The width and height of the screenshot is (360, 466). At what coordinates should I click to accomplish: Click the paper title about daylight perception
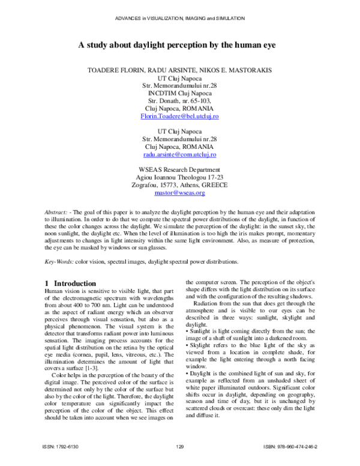(179, 44)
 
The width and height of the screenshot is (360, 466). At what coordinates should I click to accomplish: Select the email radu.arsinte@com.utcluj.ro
(179, 154)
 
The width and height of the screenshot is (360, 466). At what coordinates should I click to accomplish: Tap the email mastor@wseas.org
(179, 193)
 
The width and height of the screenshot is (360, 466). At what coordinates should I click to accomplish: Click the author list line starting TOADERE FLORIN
(179, 69)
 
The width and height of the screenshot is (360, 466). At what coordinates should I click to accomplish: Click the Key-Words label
(59, 262)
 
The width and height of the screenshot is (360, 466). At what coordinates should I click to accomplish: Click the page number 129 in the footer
(179, 447)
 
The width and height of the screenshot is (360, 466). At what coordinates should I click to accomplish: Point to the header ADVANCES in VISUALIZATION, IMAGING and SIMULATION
(179, 19)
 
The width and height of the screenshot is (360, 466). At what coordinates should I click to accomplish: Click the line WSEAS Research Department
(179, 170)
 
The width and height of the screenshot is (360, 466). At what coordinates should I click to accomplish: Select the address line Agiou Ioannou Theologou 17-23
(179, 178)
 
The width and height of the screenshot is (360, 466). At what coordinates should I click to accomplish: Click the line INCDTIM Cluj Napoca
(179, 92)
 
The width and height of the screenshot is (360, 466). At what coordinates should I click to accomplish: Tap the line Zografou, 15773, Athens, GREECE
(179, 186)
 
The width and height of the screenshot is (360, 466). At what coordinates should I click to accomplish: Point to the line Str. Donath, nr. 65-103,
(179, 100)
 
